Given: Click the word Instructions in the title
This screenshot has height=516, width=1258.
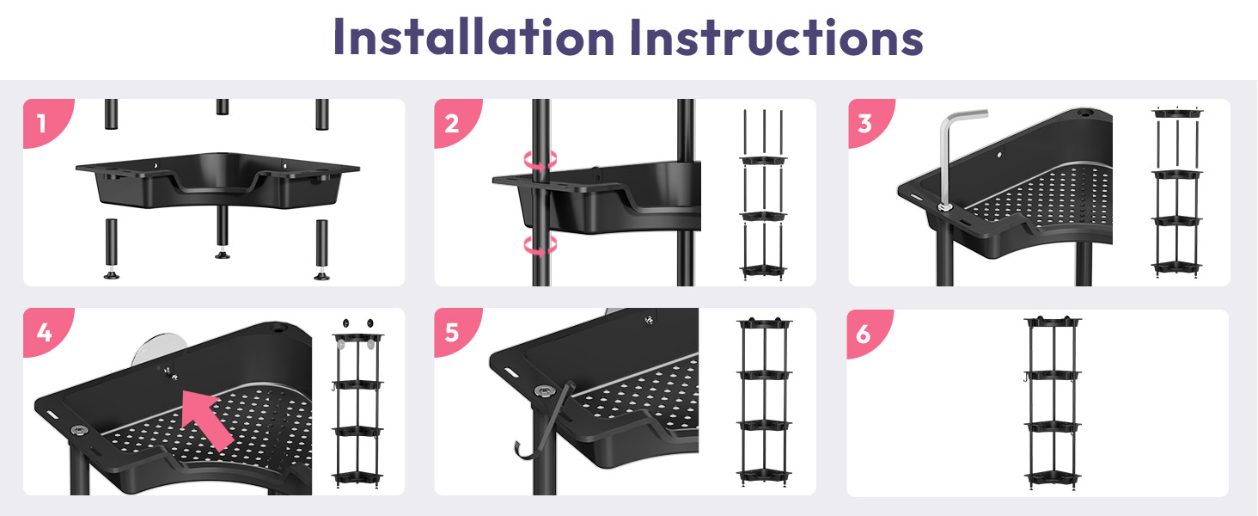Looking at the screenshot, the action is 777,36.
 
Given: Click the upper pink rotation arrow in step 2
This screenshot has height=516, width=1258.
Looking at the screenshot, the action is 540,160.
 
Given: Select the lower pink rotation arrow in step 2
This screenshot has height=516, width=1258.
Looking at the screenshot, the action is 540,245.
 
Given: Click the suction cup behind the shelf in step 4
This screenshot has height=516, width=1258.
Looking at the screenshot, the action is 157,350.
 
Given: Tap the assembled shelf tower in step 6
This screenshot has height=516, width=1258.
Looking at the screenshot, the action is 1053,403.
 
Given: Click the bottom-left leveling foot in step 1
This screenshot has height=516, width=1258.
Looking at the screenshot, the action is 111,275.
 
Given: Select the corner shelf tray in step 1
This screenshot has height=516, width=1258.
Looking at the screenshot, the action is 218,180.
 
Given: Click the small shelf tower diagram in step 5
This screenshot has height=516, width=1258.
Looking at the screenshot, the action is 765,402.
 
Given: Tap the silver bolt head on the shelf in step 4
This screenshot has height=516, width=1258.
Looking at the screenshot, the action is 79,431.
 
